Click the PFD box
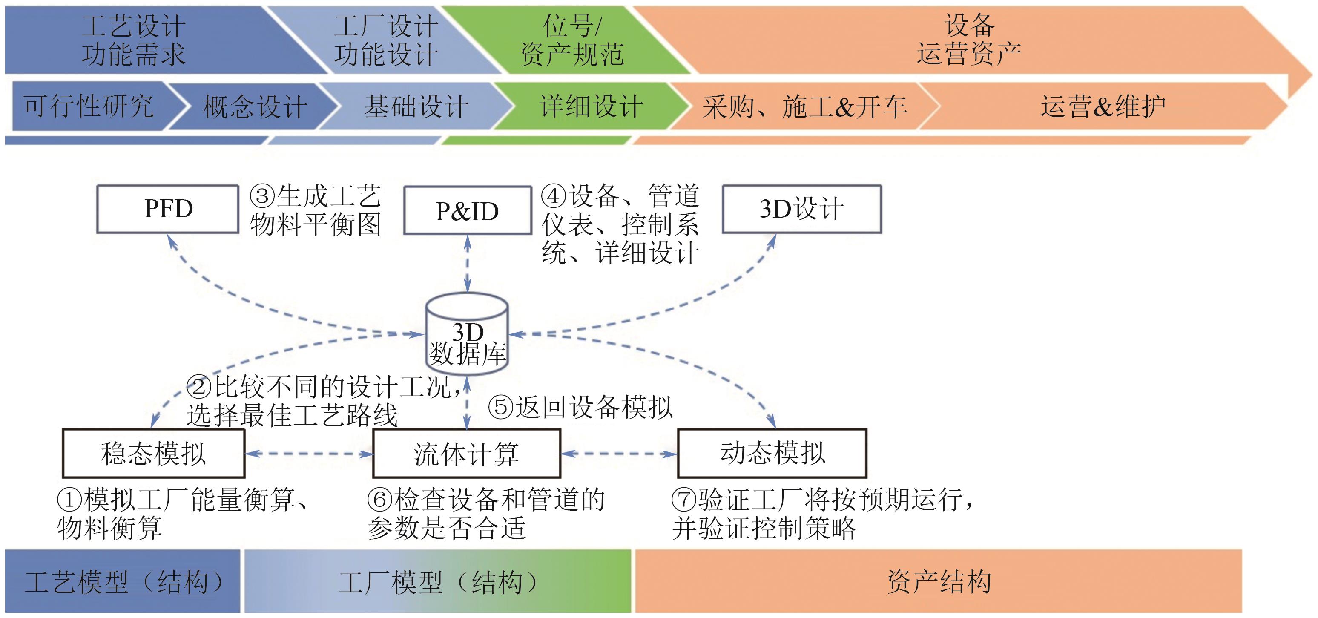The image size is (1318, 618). coord(168,209)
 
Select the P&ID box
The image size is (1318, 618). coord(467,210)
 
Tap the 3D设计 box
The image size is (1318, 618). coord(801,209)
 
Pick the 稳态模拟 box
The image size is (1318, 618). coord(153,453)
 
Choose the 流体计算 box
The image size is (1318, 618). coord(466,454)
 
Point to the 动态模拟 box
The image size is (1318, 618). coord(772,453)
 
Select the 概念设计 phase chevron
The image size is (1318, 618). coord(254,106)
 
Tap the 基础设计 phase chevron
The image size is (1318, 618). coord(416,106)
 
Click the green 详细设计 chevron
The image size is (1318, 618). coord(591,106)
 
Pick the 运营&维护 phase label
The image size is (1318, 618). coord(1103,106)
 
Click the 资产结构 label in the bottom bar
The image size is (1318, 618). coord(939,582)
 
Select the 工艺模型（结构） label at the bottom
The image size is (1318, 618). coord(123,582)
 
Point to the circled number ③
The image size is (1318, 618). coord(262,196)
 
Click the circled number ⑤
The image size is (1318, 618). coord(500,407)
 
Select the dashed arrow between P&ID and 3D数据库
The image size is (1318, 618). coord(467,264)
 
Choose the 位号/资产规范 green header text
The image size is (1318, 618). coord(571,40)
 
